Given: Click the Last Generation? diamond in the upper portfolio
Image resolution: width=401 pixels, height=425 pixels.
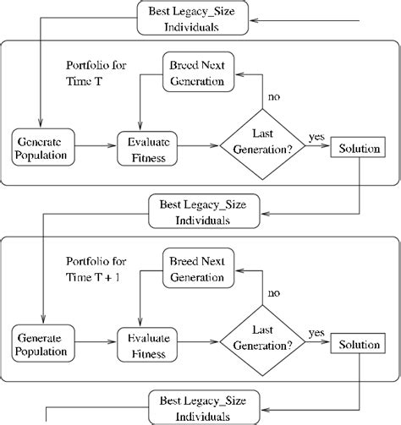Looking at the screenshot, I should click(x=261, y=144).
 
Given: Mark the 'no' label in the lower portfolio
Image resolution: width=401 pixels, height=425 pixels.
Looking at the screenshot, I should click(x=273, y=293).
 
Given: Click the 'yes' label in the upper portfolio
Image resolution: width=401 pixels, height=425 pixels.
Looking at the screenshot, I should click(x=317, y=135).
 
